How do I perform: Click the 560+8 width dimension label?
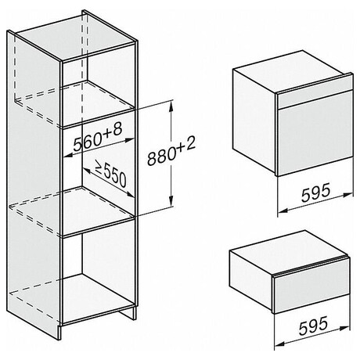pos(97,138)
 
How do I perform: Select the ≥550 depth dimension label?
pos(110,174)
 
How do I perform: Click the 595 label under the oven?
pos(315,193)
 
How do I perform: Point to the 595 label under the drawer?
pos(313,326)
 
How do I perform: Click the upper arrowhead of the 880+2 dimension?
pos(171,105)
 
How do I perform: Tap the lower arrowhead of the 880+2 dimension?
pos(171,201)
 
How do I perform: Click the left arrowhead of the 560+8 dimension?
pos(68,156)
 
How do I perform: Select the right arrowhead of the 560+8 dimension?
pos(130,141)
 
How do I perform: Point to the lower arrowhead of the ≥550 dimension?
pos(131,194)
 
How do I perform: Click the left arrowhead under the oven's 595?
pos(283,210)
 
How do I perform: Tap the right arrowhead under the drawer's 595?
pos(345,327)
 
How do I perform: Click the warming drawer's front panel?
pos(311,291)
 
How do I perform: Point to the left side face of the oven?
pos(254,121)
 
